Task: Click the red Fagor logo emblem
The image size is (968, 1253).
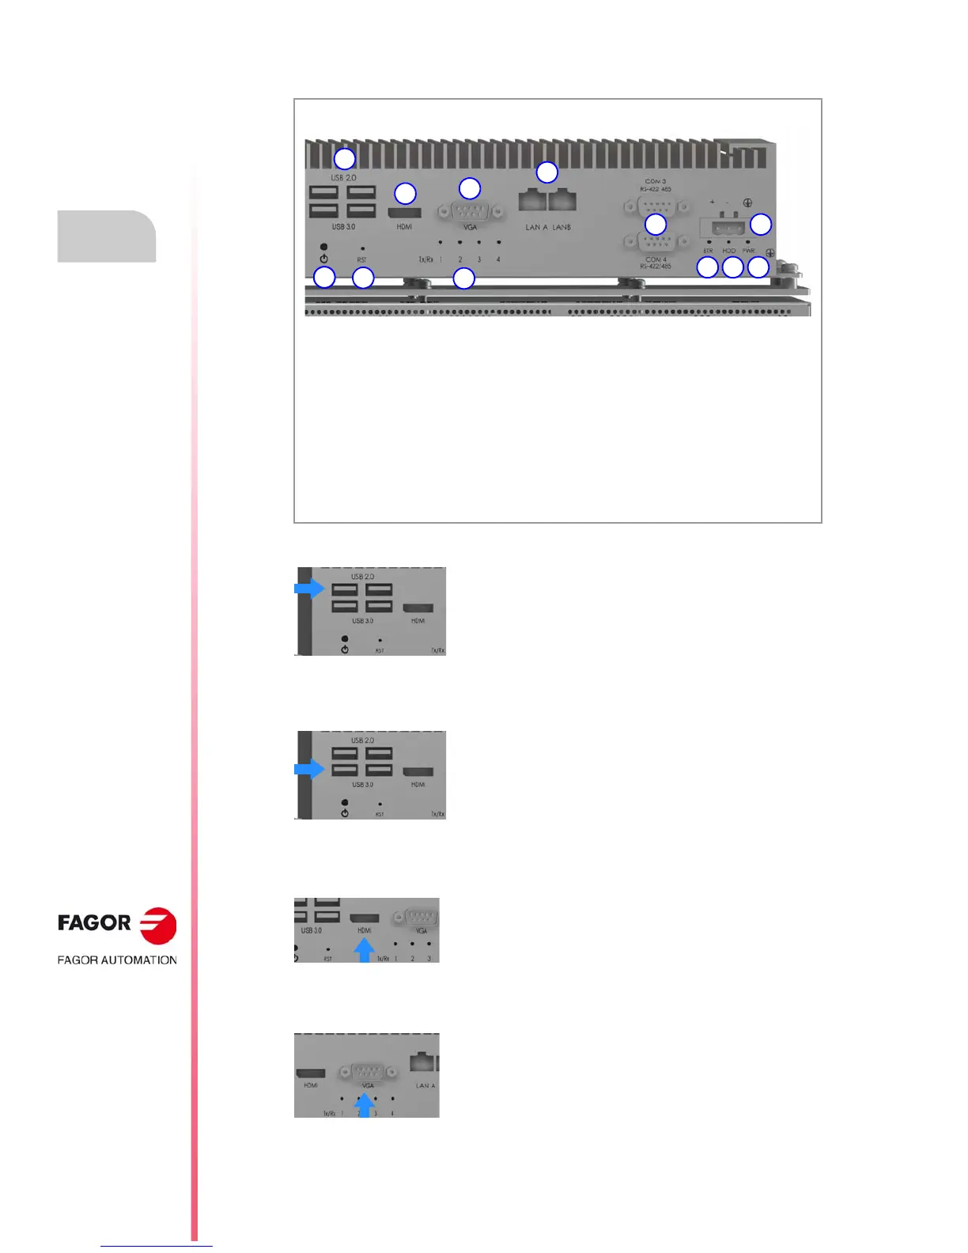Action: pos(158,925)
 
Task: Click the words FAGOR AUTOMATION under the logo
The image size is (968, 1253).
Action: pos(117,960)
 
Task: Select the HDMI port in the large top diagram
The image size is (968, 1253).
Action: pos(404,212)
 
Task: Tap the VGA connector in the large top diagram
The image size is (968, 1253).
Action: pos(470,212)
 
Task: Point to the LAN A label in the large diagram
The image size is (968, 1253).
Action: pos(533,227)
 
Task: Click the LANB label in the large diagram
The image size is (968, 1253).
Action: pos(562,227)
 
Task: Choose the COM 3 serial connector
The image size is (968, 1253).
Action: pos(655,207)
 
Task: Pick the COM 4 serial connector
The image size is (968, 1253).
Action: pos(655,242)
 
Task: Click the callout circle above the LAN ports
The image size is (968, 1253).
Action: pos(546,172)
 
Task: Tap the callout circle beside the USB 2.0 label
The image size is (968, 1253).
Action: pos(344,158)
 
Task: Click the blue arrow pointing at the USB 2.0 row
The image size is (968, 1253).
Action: pos(309,589)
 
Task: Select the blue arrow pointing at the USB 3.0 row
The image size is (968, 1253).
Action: pos(309,769)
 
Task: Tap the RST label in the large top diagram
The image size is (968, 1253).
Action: pos(361,259)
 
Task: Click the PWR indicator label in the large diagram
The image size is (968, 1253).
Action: pos(748,251)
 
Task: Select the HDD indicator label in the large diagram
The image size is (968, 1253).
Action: pos(728,251)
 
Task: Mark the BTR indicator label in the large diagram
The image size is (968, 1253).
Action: pos(708,251)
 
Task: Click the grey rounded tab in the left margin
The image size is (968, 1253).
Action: pos(107,236)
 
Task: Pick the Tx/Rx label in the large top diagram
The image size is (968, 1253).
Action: pos(425,259)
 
